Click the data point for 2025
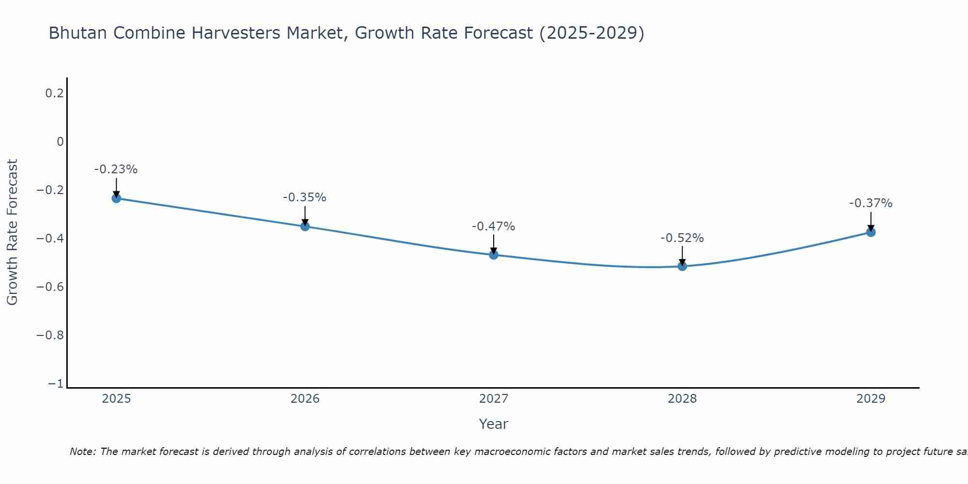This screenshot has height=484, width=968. pyautogui.click(x=116, y=198)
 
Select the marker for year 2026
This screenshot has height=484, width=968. pyautogui.click(x=305, y=226)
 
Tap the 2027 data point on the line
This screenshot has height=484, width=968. pyautogui.click(x=494, y=255)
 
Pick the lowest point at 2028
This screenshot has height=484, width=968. pyautogui.click(x=682, y=266)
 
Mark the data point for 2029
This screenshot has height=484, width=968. pyautogui.click(x=871, y=232)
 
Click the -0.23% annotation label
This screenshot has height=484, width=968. pyautogui.click(x=116, y=169)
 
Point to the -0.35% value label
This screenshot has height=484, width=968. pyautogui.click(x=305, y=197)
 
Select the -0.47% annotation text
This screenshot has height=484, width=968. pyautogui.click(x=494, y=226)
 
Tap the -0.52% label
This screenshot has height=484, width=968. pyautogui.click(x=682, y=238)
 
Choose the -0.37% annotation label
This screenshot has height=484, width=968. pyautogui.click(x=871, y=203)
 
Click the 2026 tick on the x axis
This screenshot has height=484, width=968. pyautogui.click(x=305, y=399)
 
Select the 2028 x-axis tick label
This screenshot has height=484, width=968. pyautogui.click(x=682, y=399)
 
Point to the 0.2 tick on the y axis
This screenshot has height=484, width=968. pyautogui.click(x=55, y=93)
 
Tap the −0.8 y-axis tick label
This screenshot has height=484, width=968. pyautogui.click(x=50, y=335)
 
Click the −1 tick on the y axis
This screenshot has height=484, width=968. pyautogui.click(x=56, y=384)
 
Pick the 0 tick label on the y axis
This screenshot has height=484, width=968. pyautogui.click(x=60, y=142)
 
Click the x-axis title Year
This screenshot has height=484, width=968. pyautogui.click(x=494, y=424)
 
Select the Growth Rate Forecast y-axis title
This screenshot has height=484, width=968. pyautogui.click(x=12, y=232)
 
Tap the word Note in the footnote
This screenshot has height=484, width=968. pyautogui.click(x=83, y=452)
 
